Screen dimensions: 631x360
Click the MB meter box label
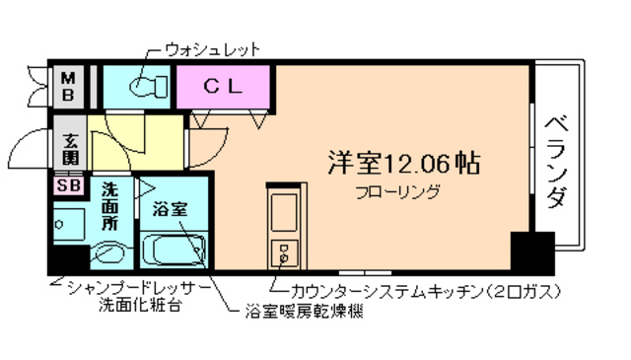[x=70, y=86]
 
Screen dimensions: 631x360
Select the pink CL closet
[x=224, y=86]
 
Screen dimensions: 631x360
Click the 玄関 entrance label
[x=70, y=147]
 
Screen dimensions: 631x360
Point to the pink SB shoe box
[x=69, y=184]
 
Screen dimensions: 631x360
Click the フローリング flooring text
[x=397, y=191]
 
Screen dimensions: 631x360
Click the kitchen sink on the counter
[x=283, y=211]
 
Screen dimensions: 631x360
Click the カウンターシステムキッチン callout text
[x=425, y=291]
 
